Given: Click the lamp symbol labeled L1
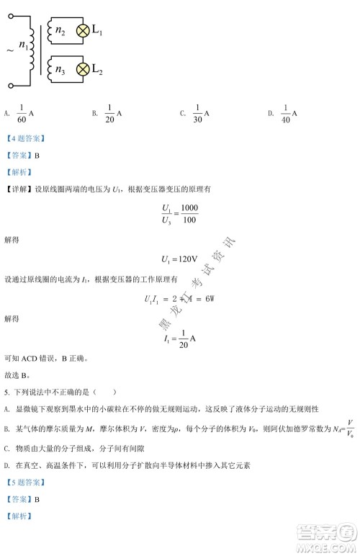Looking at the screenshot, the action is tap(83, 30).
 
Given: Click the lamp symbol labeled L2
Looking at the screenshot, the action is tap(83, 69).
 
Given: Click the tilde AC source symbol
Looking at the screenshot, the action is tap(9, 50).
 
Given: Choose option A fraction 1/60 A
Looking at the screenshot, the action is tap(22, 114).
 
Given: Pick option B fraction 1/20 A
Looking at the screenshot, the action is tap(111, 114).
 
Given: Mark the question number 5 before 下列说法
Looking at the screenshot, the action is tap(6, 393).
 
